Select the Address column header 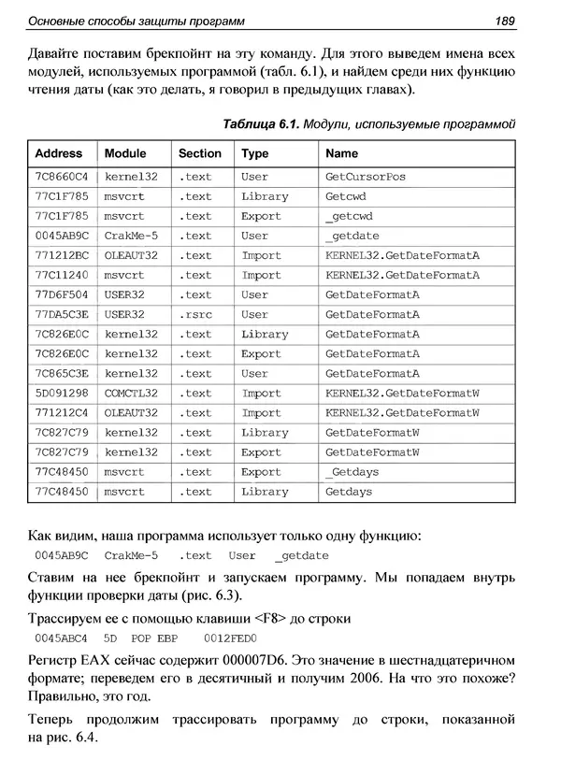pos(59,153)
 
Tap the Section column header pos(200,153)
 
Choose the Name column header pos(341,153)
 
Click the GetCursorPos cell pos(365,177)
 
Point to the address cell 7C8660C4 pos(61,177)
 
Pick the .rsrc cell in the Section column pos(194,315)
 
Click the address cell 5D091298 pos(61,394)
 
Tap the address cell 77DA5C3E pos(61,315)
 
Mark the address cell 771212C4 pos(61,413)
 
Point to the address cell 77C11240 pos(61,276)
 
